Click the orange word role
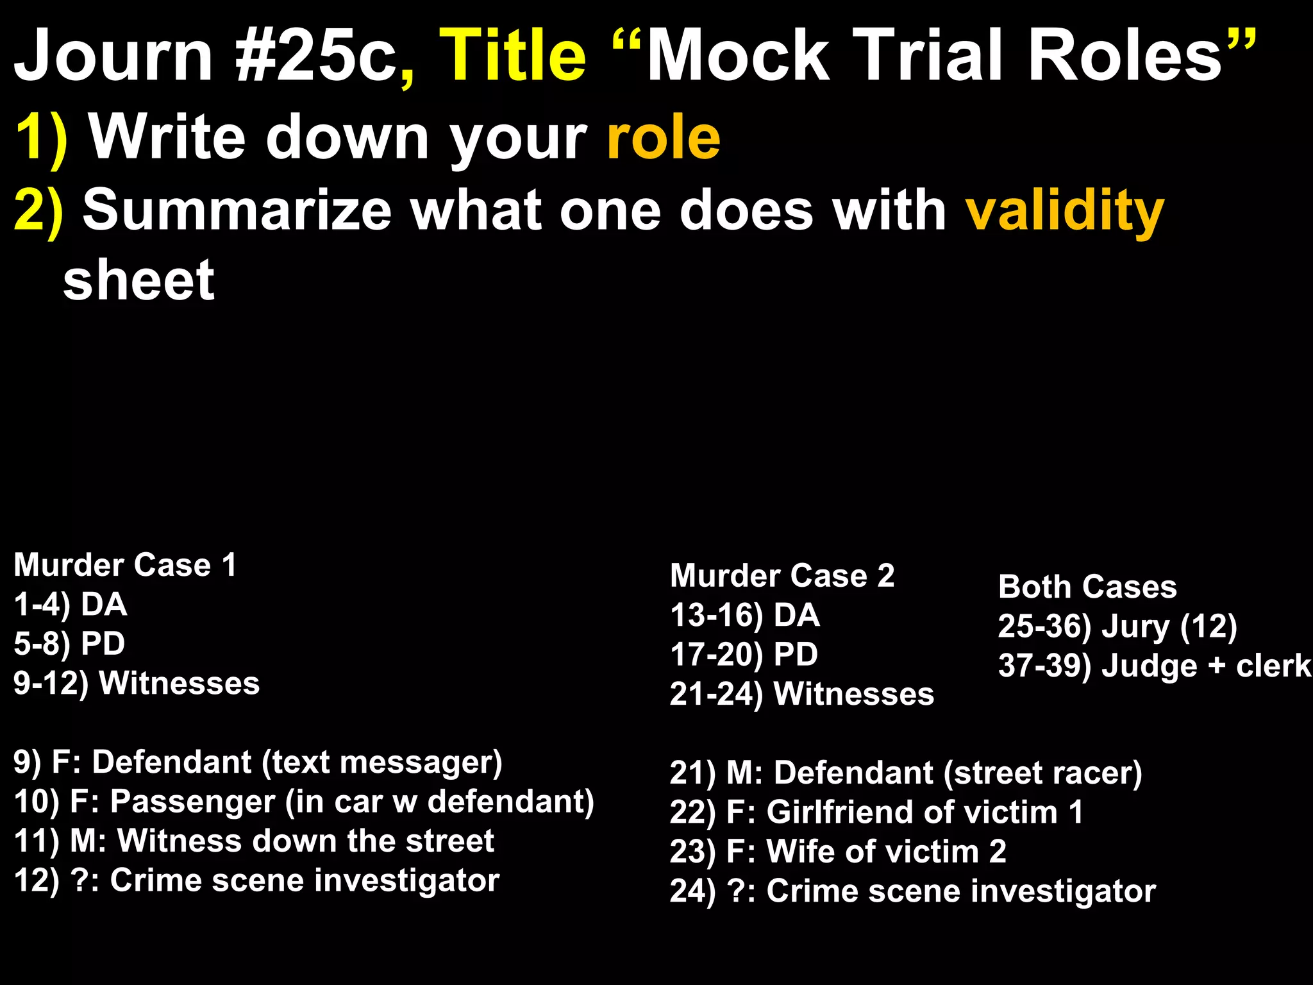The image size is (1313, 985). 664,137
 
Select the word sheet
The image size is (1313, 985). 138,280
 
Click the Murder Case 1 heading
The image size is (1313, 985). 125,565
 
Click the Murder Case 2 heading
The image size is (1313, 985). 782,575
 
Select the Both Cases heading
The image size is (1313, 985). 1087,587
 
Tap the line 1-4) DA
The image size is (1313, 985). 71,605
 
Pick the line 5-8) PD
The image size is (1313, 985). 69,644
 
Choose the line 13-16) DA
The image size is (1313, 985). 744,615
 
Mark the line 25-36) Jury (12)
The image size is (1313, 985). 1117,627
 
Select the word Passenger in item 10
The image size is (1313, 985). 192,802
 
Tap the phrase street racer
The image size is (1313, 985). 1042,773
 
